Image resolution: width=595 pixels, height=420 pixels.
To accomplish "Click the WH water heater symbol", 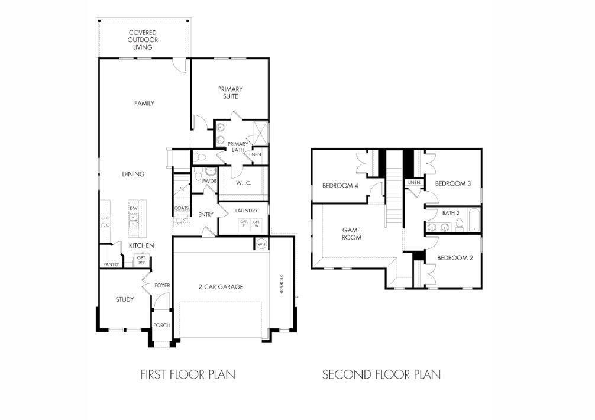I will click(x=261, y=244).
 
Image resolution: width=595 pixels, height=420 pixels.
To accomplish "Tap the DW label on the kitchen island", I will click(x=134, y=208).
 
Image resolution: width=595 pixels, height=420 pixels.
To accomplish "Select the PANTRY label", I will click(x=111, y=264).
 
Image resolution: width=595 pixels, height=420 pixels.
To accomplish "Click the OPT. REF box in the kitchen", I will click(x=142, y=260).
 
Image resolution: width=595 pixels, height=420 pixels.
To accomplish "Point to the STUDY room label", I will click(x=124, y=299).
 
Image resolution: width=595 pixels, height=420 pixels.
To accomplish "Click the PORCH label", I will click(x=161, y=325).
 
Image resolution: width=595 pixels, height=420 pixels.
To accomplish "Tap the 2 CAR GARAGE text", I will click(x=221, y=287).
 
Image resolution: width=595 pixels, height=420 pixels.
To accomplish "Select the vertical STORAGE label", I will click(x=282, y=284).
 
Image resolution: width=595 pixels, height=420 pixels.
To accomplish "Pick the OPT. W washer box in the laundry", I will click(x=257, y=224).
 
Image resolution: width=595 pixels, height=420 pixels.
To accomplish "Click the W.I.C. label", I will click(x=244, y=183).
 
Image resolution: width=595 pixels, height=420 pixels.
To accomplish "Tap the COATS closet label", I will click(x=181, y=208).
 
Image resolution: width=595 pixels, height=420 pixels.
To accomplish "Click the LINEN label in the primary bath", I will click(x=255, y=155).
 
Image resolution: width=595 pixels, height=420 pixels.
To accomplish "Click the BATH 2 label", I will click(x=451, y=212).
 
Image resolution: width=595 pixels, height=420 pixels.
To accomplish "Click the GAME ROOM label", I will click(x=352, y=233).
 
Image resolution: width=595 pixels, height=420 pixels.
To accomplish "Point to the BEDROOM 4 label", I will click(x=340, y=185).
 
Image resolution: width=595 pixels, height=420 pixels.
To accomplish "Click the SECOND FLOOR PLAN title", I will click(x=381, y=374).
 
